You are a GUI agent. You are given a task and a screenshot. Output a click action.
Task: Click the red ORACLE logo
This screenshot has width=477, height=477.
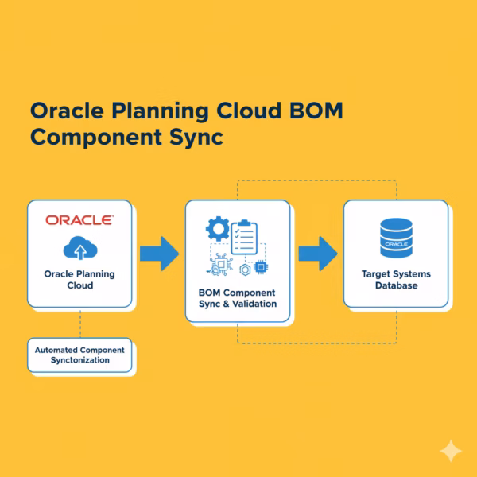tap(79, 219)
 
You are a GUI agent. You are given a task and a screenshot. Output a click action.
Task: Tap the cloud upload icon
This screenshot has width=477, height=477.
tap(79, 249)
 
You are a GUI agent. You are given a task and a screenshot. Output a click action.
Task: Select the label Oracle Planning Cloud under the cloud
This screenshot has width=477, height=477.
tap(79, 280)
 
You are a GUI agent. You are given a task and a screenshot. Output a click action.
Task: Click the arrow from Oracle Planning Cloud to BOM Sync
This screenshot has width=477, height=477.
tap(159, 254)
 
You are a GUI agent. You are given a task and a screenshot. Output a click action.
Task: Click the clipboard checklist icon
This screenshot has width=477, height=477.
tap(245, 234)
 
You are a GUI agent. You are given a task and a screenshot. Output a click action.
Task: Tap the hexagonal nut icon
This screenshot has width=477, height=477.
tap(245, 270)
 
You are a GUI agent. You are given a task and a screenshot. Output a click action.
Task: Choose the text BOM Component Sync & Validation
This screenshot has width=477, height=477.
tap(238, 297)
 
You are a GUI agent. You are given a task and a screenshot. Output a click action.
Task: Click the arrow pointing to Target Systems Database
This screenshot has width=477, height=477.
tap(317, 254)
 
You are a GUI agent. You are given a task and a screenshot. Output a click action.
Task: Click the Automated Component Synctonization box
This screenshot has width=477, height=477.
tap(79, 355)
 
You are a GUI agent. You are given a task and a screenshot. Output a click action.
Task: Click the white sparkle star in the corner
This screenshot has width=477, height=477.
tap(451, 451)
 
